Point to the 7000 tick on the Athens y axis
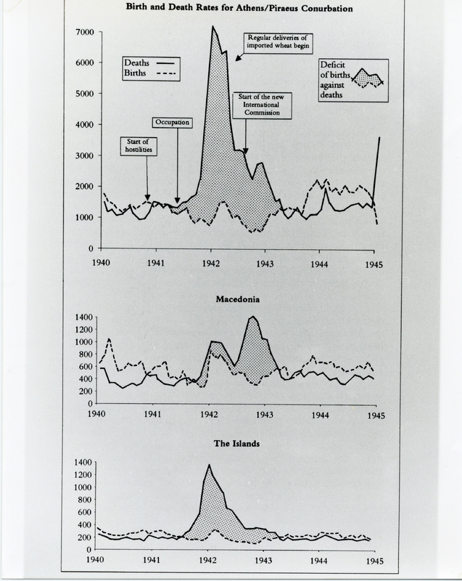pos(84,33)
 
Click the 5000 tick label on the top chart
pos(84,94)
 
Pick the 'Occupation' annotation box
pos(172,123)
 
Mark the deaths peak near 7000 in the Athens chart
pos(213,27)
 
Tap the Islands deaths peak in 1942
pos(209,465)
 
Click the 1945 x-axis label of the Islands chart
pos(373,561)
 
